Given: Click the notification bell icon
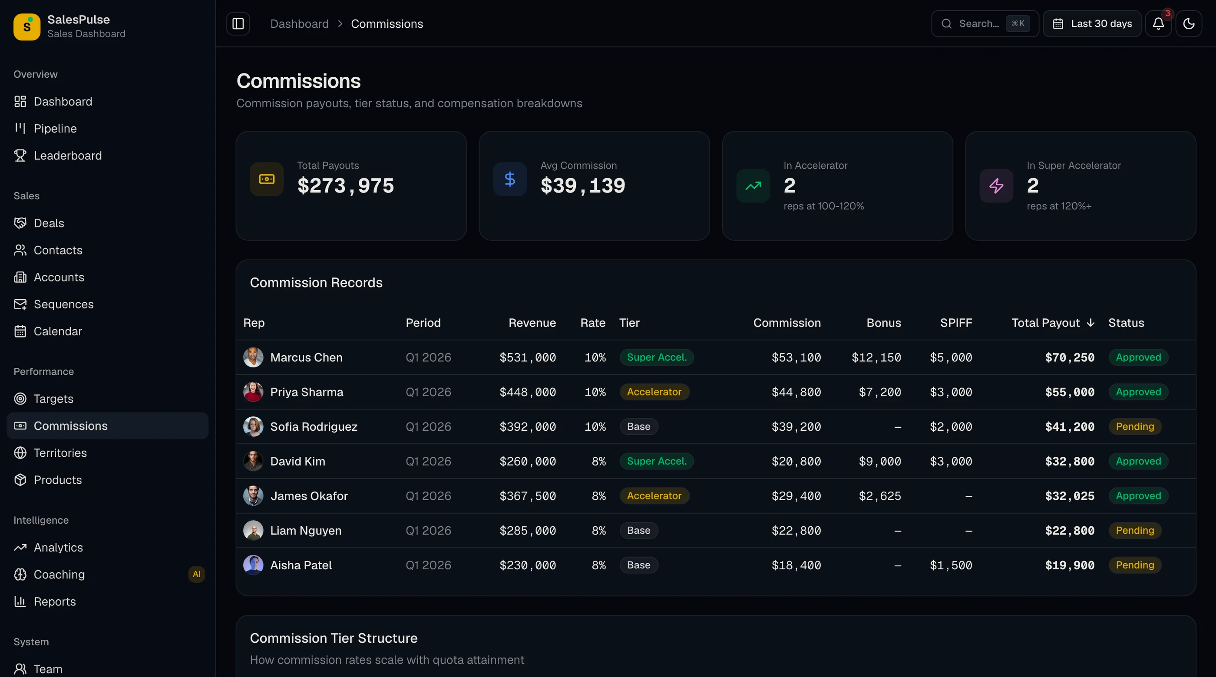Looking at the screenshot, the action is click(x=1158, y=23).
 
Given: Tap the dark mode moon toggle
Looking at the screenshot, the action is click(x=1189, y=23).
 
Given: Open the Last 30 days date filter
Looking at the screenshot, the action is click(x=1092, y=23).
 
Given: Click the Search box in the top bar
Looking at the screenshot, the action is click(x=985, y=23).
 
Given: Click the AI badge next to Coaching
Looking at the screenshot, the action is click(x=196, y=574).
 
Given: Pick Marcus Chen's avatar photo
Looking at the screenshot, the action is click(x=253, y=357).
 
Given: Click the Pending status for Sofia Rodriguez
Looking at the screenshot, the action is click(x=1135, y=427).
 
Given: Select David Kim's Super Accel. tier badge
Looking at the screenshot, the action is click(x=657, y=461).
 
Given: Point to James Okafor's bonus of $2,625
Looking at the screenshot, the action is click(x=880, y=496).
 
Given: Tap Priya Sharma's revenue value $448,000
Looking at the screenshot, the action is click(x=528, y=392).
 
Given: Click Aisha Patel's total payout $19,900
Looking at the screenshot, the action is click(x=1070, y=565).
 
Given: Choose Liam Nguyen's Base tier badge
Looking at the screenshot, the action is click(x=639, y=531).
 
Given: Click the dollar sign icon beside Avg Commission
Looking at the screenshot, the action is click(x=510, y=179).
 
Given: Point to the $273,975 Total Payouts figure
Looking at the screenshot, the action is click(x=346, y=185).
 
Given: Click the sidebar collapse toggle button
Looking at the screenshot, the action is click(x=238, y=23).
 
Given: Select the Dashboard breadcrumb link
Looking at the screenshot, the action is click(x=299, y=23).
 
